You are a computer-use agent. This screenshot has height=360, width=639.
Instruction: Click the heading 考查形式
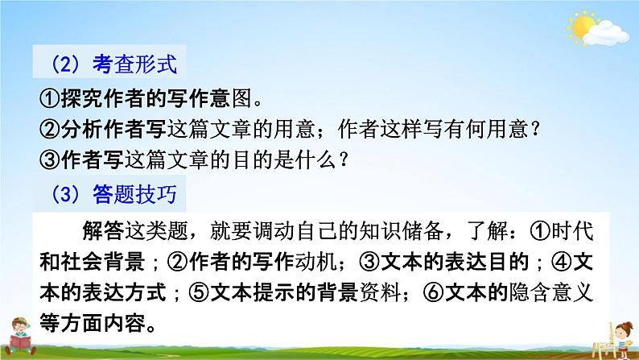click(135, 64)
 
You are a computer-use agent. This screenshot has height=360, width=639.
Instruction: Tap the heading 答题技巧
click(135, 194)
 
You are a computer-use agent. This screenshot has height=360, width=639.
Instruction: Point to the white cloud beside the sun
click(606, 33)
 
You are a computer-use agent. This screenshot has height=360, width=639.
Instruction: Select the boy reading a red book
click(19, 336)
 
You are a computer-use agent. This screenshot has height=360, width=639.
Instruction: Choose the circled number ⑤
click(200, 292)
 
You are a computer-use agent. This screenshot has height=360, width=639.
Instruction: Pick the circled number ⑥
click(434, 292)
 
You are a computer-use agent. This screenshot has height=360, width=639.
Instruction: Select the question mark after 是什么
click(344, 159)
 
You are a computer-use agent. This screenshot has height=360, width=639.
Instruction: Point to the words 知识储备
click(401, 231)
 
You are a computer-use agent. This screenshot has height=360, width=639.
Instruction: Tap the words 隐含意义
click(550, 292)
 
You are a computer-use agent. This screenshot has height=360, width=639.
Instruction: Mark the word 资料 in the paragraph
click(380, 292)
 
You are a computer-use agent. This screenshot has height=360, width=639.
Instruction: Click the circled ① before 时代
click(540, 231)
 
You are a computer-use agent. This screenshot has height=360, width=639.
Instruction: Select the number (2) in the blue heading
click(65, 64)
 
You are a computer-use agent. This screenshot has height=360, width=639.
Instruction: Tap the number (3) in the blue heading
click(65, 194)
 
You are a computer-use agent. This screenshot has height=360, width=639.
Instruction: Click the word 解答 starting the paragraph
click(104, 231)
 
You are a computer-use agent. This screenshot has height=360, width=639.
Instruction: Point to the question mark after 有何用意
click(535, 129)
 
